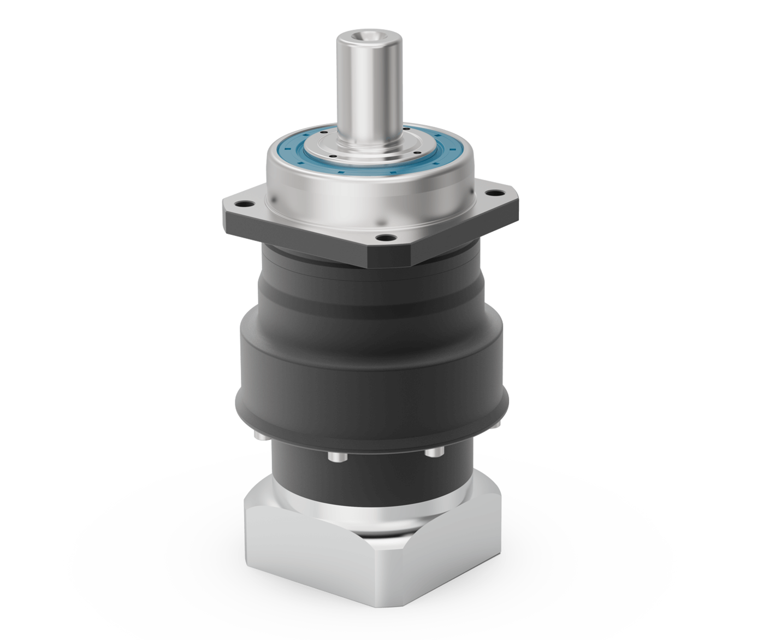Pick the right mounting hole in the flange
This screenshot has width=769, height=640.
[495, 192]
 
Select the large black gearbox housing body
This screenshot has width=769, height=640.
[371, 361]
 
